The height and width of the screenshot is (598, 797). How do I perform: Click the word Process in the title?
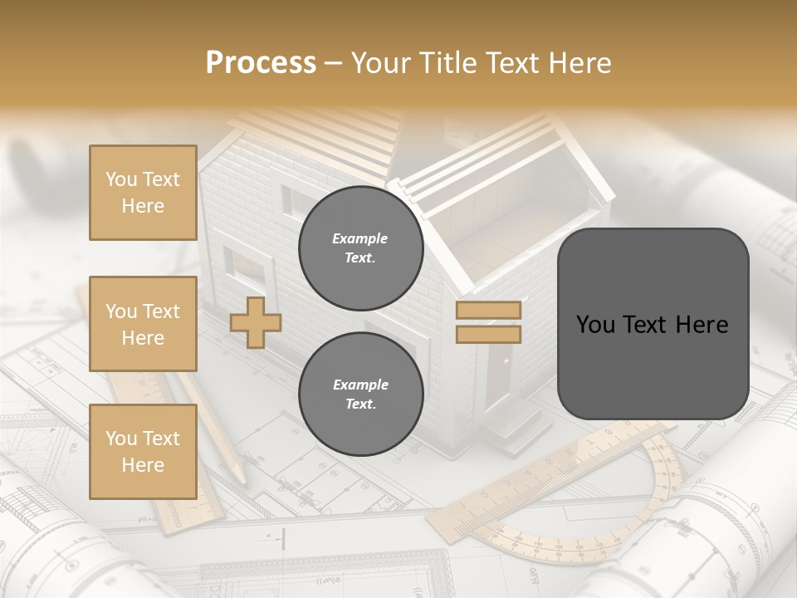tap(261, 63)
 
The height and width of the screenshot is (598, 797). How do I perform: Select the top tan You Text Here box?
tap(143, 193)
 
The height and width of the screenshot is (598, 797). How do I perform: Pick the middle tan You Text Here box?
tap(143, 324)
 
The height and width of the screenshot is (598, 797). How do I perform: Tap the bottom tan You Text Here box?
tap(143, 451)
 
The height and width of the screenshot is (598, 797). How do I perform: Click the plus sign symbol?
tap(256, 323)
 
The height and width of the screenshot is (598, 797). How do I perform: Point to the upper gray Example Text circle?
tap(360, 248)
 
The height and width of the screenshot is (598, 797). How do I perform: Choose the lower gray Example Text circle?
tap(360, 394)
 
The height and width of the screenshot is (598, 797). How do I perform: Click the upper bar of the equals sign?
tap(489, 311)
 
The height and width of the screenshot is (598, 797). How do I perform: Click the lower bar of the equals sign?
tap(489, 334)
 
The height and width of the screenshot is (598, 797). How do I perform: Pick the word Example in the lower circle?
tap(360, 385)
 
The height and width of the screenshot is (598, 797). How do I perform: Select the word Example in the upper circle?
tap(360, 238)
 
